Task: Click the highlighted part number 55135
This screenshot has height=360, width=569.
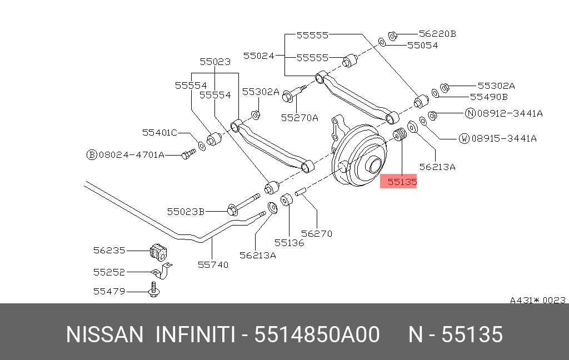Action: (x=398, y=182)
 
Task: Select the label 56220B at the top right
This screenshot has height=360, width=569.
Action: (x=437, y=33)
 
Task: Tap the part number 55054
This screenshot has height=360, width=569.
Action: (x=422, y=46)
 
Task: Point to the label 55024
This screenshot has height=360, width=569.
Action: (x=259, y=56)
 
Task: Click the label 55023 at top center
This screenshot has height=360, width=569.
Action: (x=215, y=62)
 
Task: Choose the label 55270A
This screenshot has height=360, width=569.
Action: (x=300, y=117)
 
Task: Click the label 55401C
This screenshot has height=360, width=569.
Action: (x=159, y=132)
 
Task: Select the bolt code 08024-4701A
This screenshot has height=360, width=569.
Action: (x=132, y=154)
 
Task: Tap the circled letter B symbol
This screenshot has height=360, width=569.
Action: (x=92, y=154)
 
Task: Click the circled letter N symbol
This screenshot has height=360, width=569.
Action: (x=470, y=113)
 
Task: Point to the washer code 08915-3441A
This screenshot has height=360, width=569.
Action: (x=504, y=138)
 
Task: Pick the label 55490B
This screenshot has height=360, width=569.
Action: (x=489, y=97)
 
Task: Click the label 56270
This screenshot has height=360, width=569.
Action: (x=316, y=233)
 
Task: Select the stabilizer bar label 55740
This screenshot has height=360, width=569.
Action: (x=213, y=264)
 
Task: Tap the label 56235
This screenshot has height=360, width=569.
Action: (x=109, y=251)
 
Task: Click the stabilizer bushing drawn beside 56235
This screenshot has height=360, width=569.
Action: (x=158, y=252)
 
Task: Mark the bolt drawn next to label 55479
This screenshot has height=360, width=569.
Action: (x=153, y=290)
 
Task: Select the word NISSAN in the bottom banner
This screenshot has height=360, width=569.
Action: (x=104, y=335)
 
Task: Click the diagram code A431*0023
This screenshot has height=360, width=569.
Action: (x=537, y=300)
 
